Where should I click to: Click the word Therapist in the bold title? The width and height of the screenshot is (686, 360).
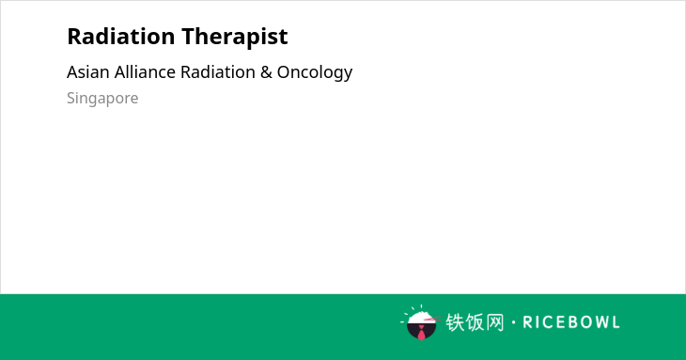[235, 38]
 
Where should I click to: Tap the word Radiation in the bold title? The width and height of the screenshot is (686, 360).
[121, 36]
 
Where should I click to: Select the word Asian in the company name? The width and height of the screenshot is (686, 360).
[88, 72]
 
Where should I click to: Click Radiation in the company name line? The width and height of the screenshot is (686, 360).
[218, 71]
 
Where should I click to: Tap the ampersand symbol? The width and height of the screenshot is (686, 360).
[266, 72]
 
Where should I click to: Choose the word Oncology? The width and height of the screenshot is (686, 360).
[315, 73]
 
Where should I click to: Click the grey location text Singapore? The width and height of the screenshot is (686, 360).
[102, 99]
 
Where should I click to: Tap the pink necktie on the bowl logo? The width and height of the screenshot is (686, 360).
[421, 334]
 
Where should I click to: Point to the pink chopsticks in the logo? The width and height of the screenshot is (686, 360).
[432, 319]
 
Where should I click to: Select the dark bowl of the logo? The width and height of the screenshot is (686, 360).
[421, 331]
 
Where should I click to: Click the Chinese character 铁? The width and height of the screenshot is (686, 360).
[455, 322]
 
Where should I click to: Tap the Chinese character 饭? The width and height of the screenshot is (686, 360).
[475, 322]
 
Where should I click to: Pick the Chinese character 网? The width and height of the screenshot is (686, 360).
[495, 322]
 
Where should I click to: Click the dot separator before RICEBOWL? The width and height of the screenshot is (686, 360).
[514, 322]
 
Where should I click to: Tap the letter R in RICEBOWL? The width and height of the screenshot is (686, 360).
[527, 322]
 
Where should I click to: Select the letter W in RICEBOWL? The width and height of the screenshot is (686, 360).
[598, 322]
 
